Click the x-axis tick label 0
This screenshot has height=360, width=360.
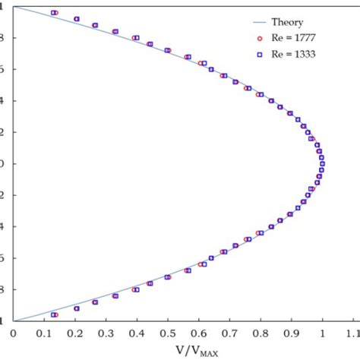[13, 332]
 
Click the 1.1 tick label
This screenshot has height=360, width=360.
[352, 332]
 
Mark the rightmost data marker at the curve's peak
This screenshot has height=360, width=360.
[322, 163]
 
